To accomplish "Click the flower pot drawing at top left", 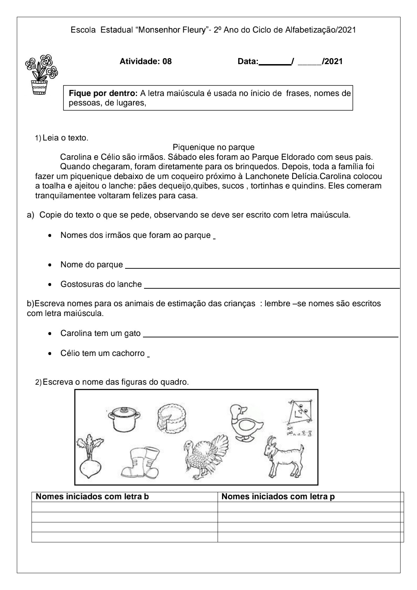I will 41,74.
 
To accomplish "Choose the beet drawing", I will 90,457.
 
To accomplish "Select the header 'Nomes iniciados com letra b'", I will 93,496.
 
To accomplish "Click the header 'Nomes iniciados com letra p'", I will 278,496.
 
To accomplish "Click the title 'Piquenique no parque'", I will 213,147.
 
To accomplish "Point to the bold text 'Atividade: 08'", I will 146,62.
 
